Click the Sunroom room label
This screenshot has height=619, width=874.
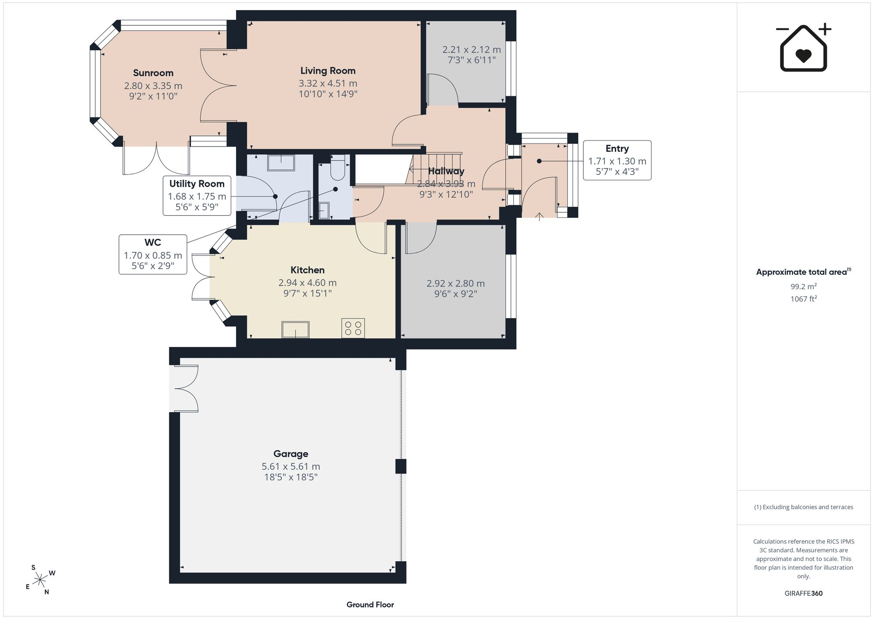point(153,73)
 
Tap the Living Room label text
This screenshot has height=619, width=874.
point(328,71)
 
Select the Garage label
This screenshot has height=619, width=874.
point(291,454)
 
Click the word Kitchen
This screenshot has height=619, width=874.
point(308,270)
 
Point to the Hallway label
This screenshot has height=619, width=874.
point(446,171)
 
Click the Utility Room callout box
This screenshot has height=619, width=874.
point(197,196)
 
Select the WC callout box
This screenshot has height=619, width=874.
point(153,255)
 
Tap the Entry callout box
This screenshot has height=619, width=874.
point(617,160)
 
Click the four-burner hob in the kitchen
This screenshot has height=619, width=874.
point(353,328)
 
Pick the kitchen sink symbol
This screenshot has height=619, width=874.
point(295,329)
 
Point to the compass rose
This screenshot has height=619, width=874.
point(40,580)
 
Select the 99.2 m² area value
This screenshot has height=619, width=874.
point(804,287)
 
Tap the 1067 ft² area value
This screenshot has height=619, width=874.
point(804,299)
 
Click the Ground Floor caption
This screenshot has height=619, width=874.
point(370,605)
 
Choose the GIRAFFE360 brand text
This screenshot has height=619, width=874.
point(804,594)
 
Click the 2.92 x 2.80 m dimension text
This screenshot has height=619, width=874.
point(456,283)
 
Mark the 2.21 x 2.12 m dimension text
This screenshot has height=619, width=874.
point(472,50)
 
